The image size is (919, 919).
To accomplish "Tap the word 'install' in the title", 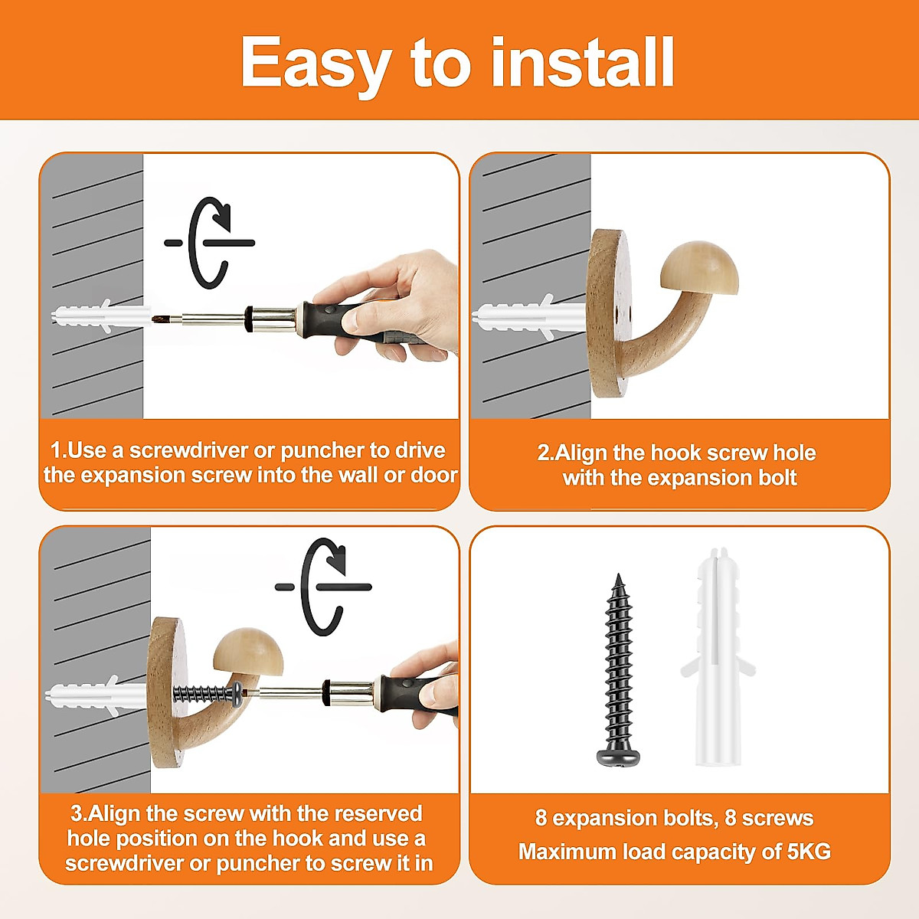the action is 582,62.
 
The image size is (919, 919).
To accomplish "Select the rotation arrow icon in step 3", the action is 323,587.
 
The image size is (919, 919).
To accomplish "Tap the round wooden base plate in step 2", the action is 610,313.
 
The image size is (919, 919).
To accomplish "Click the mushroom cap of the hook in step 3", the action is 248,652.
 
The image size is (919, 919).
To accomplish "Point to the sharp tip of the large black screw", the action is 619,574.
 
